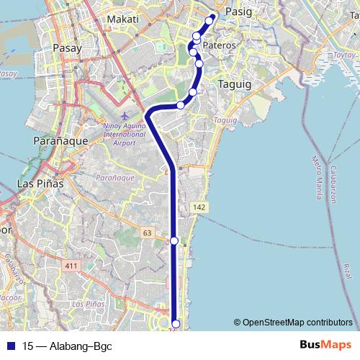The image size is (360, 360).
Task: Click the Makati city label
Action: coord(122,19)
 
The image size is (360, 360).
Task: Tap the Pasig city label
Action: coord(238,12)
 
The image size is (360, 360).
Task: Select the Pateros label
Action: coord(220,45)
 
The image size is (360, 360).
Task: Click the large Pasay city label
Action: coord(68,48)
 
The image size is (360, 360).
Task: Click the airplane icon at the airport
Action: coord(126,115)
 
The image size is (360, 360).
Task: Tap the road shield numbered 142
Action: coord(199,207)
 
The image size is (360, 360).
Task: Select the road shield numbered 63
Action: coord(148,233)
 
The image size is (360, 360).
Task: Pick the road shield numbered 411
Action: coord(71,266)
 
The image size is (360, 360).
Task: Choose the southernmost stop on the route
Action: coord(175,324)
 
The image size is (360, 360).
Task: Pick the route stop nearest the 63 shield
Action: coord(174,240)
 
